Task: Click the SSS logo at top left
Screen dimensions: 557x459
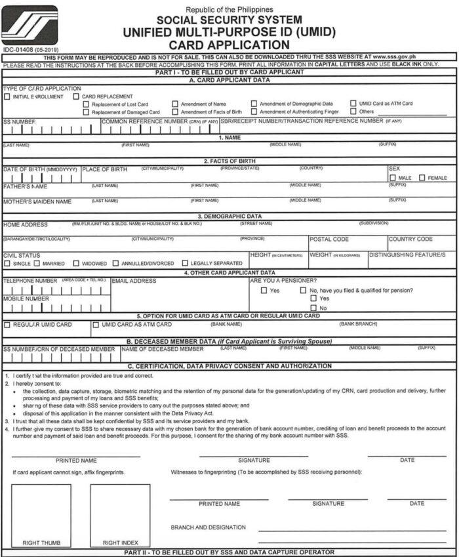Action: pyautogui.click(x=29, y=25)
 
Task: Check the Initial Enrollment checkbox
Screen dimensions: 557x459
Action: pyautogui.click(x=7, y=96)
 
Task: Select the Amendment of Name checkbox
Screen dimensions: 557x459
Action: pyautogui.click(x=175, y=104)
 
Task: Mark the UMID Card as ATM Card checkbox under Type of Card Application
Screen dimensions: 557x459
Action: pyautogui.click(x=353, y=104)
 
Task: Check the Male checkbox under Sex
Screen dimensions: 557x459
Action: pyautogui.click(x=392, y=178)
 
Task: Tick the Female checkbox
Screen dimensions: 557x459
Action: pyautogui.click(x=422, y=178)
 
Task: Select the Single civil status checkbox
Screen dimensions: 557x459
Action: pyautogui.click(x=7, y=264)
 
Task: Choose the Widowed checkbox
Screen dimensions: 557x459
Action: pyautogui.click(x=76, y=264)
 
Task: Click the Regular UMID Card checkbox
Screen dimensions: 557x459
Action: pyautogui.click(x=7, y=325)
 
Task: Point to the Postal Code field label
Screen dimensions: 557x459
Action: pyautogui.click(x=329, y=239)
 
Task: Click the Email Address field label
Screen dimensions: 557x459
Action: pyautogui.click(x=134, y=281)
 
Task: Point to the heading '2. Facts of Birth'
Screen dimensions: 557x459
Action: pyautogui.click(x=229, y=161)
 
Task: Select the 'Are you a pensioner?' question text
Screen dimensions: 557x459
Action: pyautogui.click(x=283, y=280)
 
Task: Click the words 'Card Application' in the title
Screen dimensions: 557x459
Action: pyautogui.click(x=229, y=45)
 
